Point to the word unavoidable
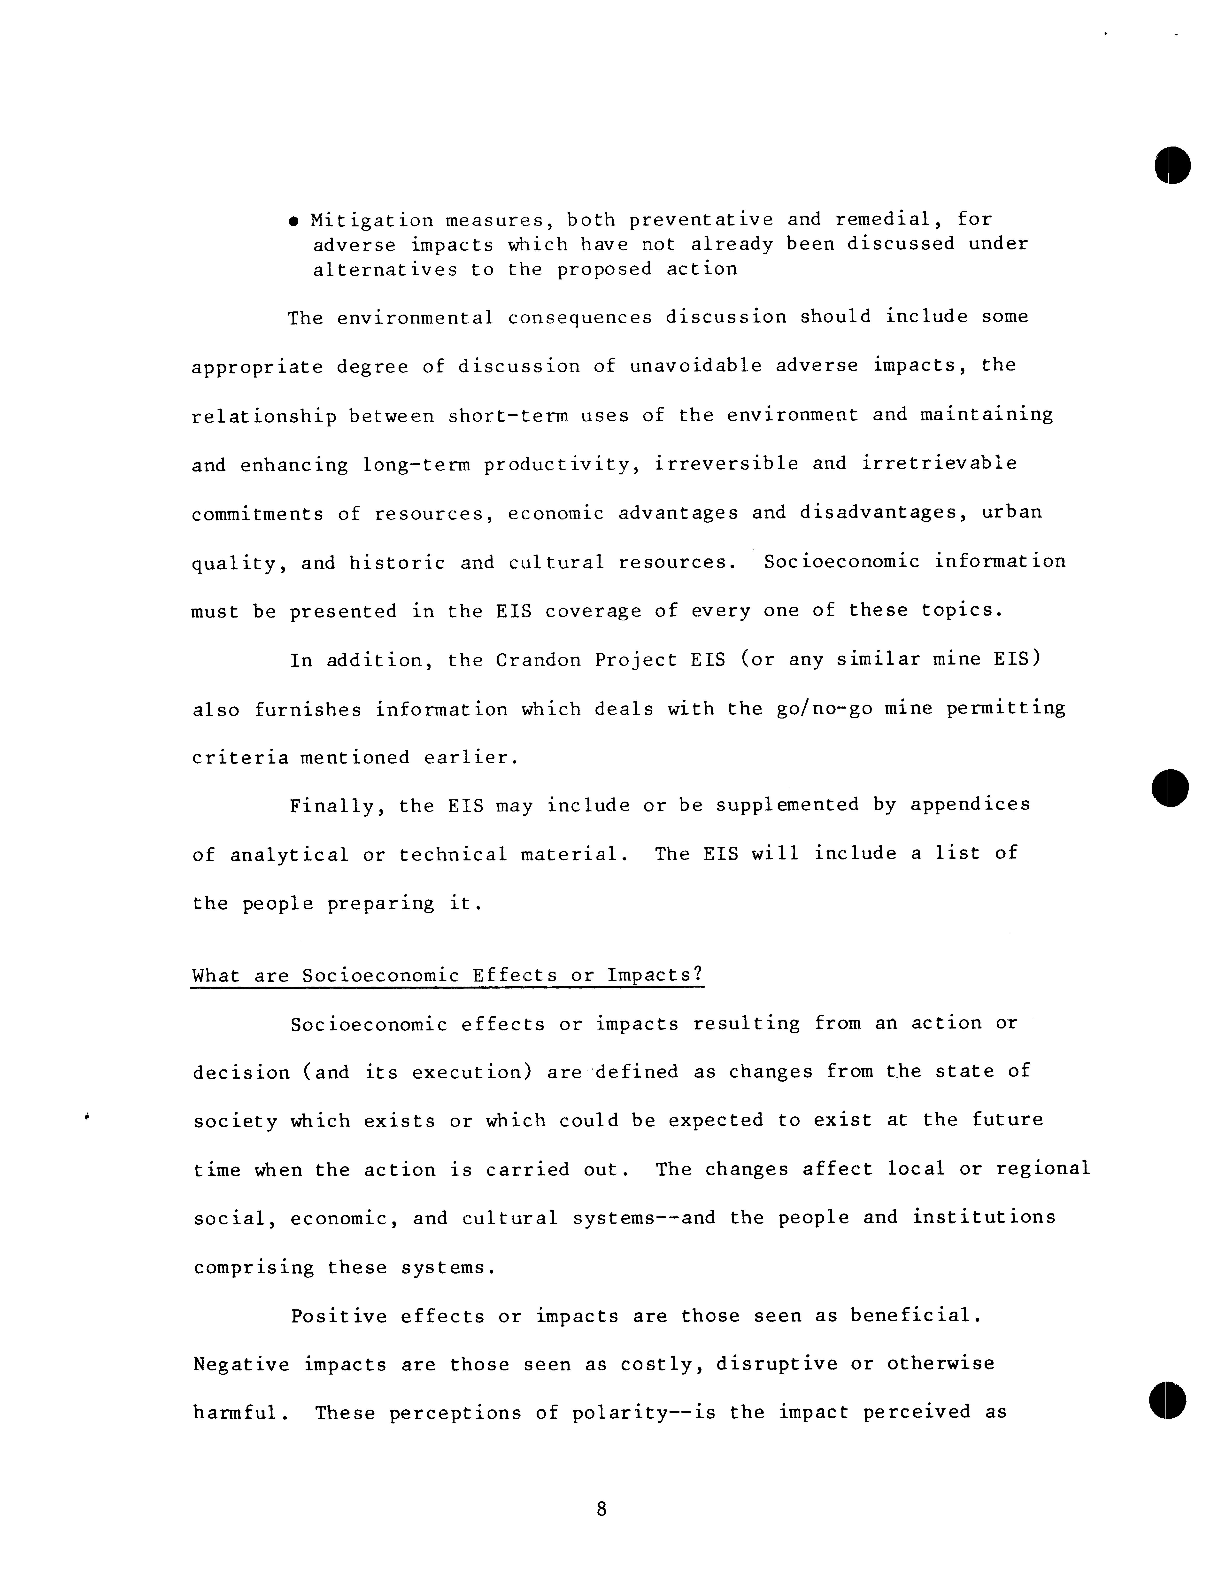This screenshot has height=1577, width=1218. pyautogui.click(x=695, y=366)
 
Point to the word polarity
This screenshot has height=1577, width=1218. pyautogui.click(x=619, y=1413)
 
